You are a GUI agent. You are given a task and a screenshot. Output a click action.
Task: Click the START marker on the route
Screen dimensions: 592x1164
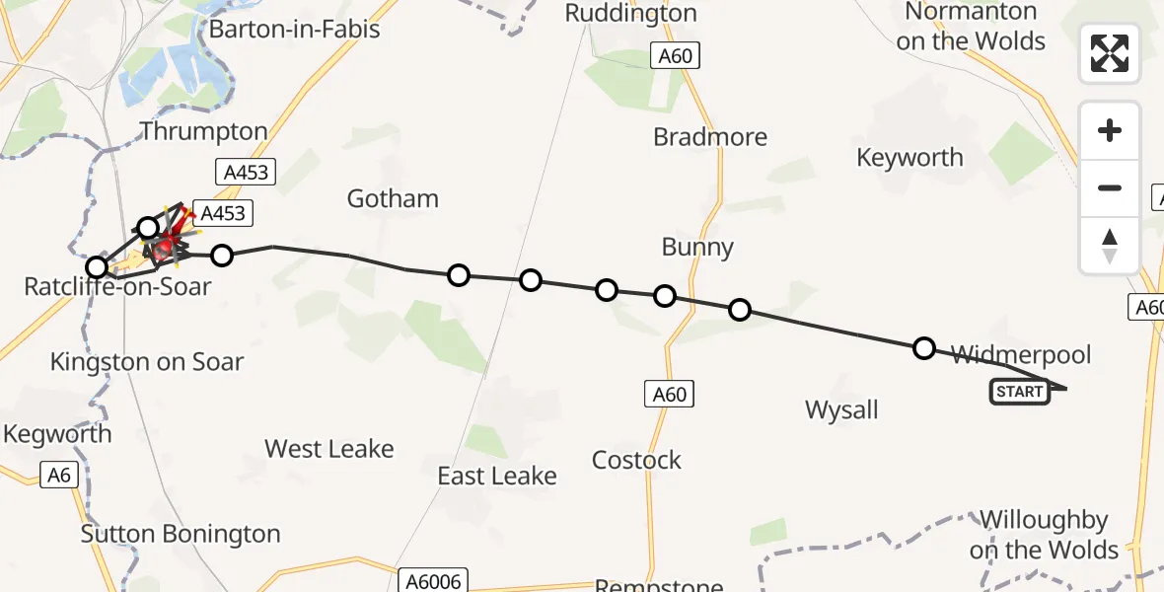tap(1020, 392)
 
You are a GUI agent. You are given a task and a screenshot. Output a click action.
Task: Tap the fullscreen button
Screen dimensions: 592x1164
tap(1110, 53)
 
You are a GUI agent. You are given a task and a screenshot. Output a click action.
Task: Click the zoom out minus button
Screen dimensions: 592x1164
tap(1110, 187)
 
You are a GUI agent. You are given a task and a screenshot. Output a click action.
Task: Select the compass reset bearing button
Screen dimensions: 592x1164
tap(1110, 246)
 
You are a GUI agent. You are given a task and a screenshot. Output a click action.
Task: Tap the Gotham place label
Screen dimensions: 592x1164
tap(393, 198)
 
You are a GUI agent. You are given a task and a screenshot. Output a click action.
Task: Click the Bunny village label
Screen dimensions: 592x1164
tap(697, 247)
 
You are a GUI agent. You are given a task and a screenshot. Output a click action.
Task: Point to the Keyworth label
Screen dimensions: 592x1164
tap(909, 157)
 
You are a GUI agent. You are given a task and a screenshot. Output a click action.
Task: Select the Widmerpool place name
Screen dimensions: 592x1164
tap(1021, 354)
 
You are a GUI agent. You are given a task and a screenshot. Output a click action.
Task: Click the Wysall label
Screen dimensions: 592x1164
tap(841, 409)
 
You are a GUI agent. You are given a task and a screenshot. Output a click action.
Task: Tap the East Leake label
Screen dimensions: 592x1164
tap(497, 476)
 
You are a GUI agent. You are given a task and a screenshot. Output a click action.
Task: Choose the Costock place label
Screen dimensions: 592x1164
tap(636, 460)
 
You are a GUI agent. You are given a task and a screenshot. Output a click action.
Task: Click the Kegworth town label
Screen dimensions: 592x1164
tap(57, 434)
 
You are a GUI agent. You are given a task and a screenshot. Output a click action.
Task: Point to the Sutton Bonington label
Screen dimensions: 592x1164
tap(181, 534)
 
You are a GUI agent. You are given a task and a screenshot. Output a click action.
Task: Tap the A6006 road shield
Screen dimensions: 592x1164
tap(433, 580)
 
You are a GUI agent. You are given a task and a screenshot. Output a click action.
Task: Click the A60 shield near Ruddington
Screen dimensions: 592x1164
tap(676, 56)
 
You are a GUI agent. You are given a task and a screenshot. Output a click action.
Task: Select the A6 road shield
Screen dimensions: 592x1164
tap(59, 476)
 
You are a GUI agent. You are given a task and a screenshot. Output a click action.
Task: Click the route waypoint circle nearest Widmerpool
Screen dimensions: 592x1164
tap(924, 347)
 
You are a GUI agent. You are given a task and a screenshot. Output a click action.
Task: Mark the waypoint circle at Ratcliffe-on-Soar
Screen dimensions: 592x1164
tap(97, 267)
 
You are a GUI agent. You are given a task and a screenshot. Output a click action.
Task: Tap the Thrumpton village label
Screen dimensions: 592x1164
tap(203, 131)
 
